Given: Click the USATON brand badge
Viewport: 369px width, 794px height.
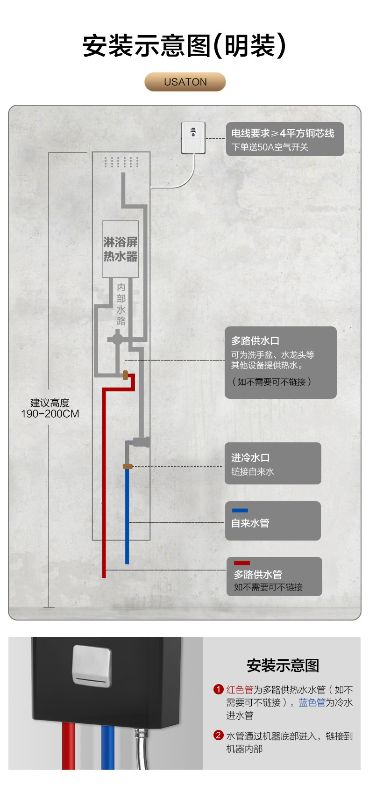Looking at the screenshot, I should pos(185,82).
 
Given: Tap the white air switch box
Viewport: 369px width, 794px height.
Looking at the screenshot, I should pos(193,137).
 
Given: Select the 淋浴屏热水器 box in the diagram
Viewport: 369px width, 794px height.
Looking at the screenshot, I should pos(121,249).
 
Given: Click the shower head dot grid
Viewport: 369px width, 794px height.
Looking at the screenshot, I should pos(121,162).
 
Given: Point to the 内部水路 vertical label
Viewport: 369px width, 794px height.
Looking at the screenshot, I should pos(121,304).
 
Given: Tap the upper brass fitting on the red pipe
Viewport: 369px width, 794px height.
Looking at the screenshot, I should pos(125,375).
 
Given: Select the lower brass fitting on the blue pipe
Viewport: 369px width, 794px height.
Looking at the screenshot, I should pos(127,466).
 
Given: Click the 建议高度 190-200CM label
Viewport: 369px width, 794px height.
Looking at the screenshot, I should pos(50,408).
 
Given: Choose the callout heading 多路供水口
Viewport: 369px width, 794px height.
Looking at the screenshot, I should pos(255,341).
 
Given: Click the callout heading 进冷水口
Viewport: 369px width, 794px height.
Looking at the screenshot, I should pos(250,458).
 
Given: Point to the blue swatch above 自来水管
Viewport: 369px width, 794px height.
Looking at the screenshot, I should pos(240,510).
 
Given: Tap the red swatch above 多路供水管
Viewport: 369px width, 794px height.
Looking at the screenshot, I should pos(241,563).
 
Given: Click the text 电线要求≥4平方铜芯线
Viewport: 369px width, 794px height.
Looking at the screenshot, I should pos(283,133).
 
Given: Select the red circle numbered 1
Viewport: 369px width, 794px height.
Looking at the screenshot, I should pos(218,689).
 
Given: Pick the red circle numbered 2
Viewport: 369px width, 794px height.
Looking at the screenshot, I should pos(218,735).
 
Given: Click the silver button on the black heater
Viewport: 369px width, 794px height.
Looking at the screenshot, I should pos(92,666).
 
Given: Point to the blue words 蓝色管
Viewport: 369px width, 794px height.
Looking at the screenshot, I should pos(312,702).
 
